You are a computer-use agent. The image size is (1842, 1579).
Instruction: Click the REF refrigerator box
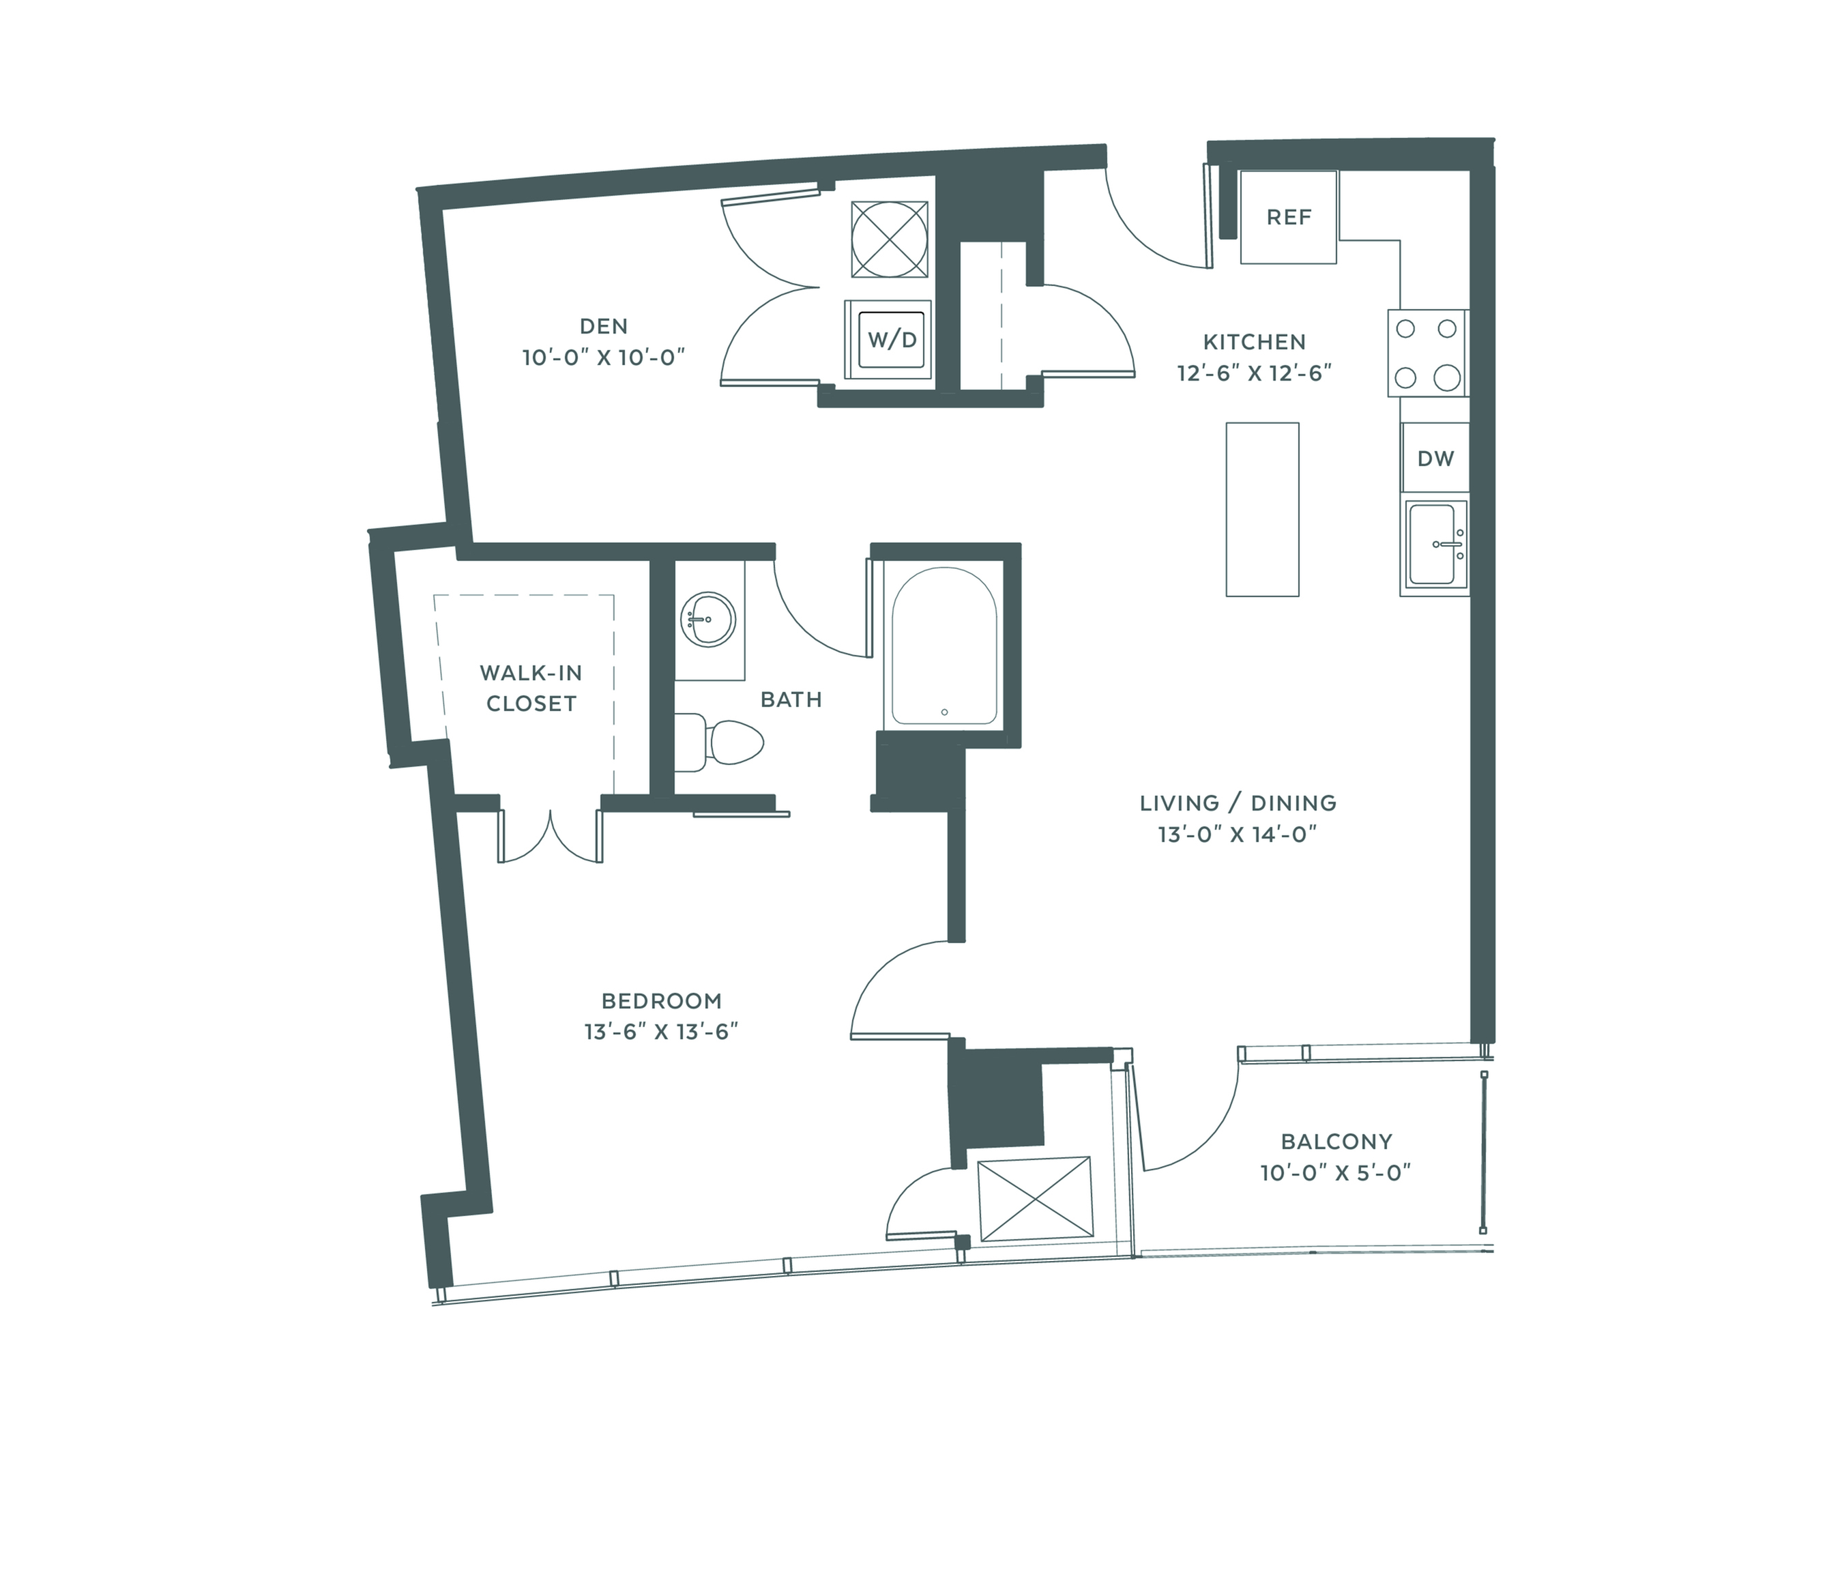pos(1288,217)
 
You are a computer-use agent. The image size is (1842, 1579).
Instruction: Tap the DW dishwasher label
pos(1435,459)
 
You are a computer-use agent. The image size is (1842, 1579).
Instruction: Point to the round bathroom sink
pos(709,618)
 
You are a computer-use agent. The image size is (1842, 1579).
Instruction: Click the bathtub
pos(944,646)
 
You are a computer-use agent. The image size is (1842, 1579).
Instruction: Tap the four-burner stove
pos(1428,353)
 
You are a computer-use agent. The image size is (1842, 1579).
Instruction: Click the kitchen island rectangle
pos(1262,510)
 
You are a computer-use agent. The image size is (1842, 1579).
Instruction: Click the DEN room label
pos(604,326)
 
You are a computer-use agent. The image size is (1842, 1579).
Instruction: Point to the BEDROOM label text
pos(661,1001)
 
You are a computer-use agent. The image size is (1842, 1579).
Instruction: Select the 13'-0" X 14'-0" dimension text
pos(1237,834)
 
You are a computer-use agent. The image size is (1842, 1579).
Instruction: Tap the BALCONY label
pos(1336,1142)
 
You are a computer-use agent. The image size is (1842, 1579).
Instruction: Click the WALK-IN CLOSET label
pos(531,688)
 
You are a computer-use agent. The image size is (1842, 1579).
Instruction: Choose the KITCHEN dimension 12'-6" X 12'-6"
pos(1255,373)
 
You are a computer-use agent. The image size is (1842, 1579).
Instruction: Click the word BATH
pos(791,699)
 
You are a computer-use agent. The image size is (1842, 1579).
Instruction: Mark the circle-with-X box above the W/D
pos(889,239)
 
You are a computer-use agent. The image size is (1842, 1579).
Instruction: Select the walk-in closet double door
pos(551,836)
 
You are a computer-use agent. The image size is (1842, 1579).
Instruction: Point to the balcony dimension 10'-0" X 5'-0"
pos(1335,1174)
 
